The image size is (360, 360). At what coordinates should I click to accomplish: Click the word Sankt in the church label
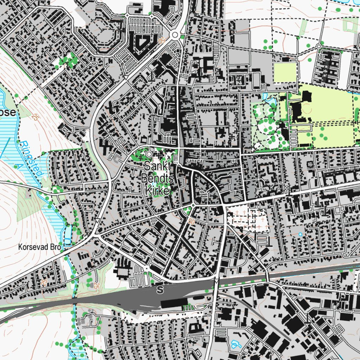[157, 166]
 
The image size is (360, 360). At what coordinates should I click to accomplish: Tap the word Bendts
[157, 178]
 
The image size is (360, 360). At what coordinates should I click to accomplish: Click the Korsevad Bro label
[40, 247]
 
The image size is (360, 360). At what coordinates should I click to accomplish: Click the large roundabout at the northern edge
[175, 35]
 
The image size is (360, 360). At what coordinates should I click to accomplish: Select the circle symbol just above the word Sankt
[149, 154]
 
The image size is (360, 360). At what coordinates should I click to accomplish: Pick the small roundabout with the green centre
[193, 205]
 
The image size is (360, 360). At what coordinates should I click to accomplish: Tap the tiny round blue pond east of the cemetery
[300, 234]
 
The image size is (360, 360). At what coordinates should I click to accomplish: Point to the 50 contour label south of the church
[191, 221]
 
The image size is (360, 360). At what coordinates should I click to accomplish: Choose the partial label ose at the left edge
[8, 113]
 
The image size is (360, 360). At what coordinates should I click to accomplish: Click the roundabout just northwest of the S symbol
[146, 269]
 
